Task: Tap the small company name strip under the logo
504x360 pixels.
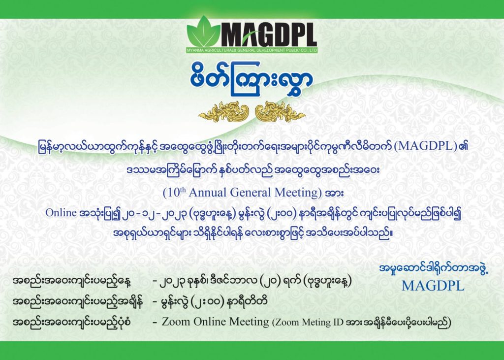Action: pos(252,51)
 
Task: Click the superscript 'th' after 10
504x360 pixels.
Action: pos(183,190)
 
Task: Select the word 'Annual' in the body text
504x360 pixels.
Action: pos(208,193)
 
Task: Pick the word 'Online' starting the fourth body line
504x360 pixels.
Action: pos(61,213)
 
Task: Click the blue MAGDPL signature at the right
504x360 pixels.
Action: pos(433,286)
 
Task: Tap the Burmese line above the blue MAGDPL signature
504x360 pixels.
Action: pos(434,269)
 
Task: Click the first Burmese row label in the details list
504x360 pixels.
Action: pos(72,282)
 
